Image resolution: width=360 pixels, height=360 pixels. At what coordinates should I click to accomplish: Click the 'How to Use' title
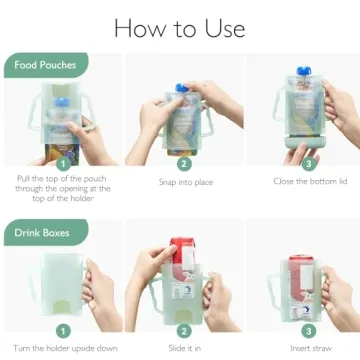(x=180, y=26)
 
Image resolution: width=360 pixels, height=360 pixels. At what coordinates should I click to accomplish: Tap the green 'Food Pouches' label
(x=45, y=66)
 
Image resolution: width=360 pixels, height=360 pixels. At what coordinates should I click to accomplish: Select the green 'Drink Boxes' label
(x=43, y=235)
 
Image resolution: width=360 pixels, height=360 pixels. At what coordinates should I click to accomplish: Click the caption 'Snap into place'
(x=183, y=182)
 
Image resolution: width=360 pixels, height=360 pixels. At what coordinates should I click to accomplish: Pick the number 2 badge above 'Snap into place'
(x=183, y=163)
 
